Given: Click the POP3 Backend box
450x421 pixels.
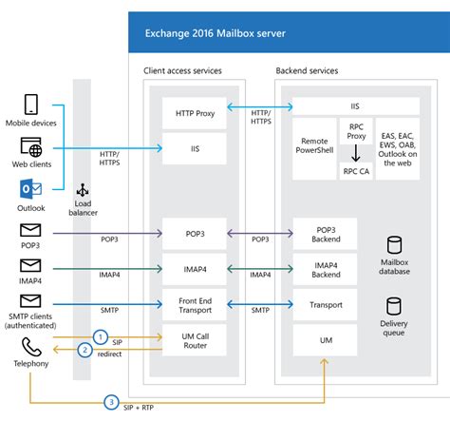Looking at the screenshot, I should click(x=325, y=234).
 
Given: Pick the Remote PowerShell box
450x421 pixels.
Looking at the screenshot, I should click(x=314, y=142).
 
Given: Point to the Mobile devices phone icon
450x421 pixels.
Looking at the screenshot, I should click(x=31, y=105).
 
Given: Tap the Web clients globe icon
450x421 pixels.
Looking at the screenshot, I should click(x=31, y=147).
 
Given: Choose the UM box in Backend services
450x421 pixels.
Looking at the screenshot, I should click(x=325, y=339).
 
